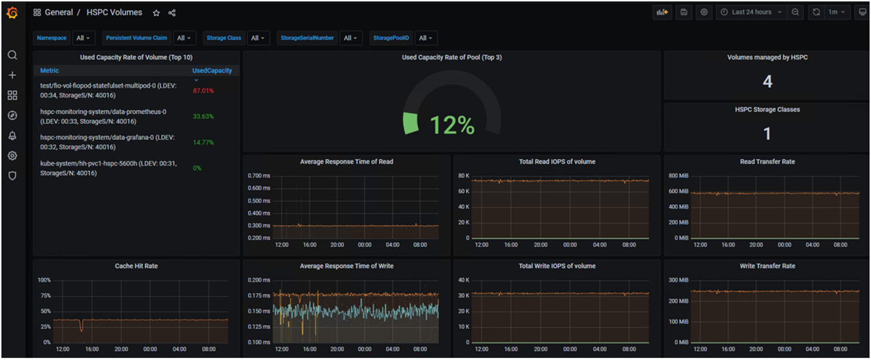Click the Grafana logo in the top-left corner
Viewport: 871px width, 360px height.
12,12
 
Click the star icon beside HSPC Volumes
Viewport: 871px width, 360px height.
156,13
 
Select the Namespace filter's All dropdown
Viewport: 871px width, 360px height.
83,38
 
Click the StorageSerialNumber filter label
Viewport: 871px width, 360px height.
307,38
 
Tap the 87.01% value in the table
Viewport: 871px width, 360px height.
203,91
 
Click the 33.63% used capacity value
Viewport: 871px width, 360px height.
203,116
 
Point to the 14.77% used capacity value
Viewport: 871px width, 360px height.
203,142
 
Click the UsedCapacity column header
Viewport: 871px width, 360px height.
212,70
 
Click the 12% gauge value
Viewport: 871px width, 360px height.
451,126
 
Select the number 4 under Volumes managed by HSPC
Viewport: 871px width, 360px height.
767,81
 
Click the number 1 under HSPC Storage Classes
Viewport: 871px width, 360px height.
767,134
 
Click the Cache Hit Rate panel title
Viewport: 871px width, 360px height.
136,266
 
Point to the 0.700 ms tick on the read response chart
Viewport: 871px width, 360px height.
258,176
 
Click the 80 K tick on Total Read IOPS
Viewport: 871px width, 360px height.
465,176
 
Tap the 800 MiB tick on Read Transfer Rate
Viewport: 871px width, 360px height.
677,176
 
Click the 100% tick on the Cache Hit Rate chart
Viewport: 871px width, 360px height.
44,280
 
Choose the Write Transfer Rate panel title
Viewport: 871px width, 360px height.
767,266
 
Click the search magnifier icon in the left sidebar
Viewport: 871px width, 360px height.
12,55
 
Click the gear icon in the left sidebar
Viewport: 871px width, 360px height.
12,155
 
